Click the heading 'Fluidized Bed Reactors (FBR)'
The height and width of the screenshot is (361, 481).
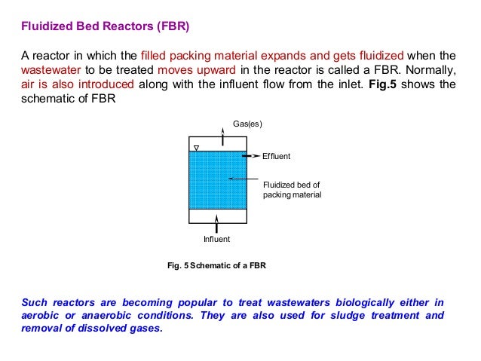105,28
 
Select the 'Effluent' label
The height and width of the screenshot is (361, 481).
276,156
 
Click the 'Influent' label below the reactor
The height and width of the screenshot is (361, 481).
216,239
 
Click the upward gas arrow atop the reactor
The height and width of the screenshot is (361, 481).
222,135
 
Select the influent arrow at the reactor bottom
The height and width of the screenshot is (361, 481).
216,223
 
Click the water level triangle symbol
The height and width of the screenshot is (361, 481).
196,147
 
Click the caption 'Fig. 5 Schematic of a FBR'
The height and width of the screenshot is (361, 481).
216,265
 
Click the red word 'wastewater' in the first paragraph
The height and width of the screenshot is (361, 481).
49,69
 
